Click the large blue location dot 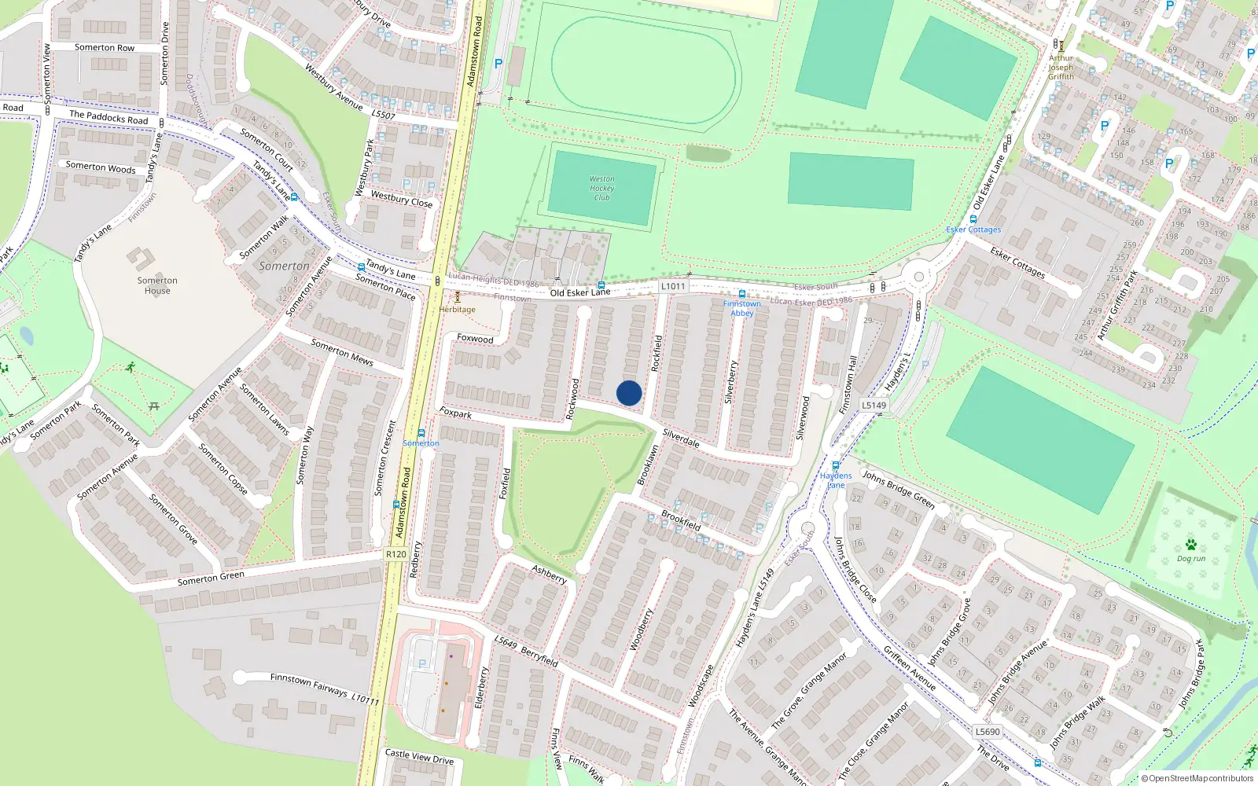coord(629,393)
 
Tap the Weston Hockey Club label coord(601,189)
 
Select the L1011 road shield coord(673,286)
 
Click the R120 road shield coord(396,554)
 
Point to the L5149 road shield coord(874,406)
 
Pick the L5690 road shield coord(988,731)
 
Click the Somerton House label coord(157,285)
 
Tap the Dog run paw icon coord(1191,545)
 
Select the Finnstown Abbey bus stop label coord(742,308)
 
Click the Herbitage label coord(458,309)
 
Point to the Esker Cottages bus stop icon coord(973,219)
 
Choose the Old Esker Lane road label coord(580,292)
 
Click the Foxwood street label coord(475,339)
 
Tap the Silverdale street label coord(681,438)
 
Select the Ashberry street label coord(549,574)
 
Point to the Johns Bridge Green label coord(898,489)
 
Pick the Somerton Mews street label coord(342,351)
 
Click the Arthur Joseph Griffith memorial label coord(1061,68)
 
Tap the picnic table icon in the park coord(154,406)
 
